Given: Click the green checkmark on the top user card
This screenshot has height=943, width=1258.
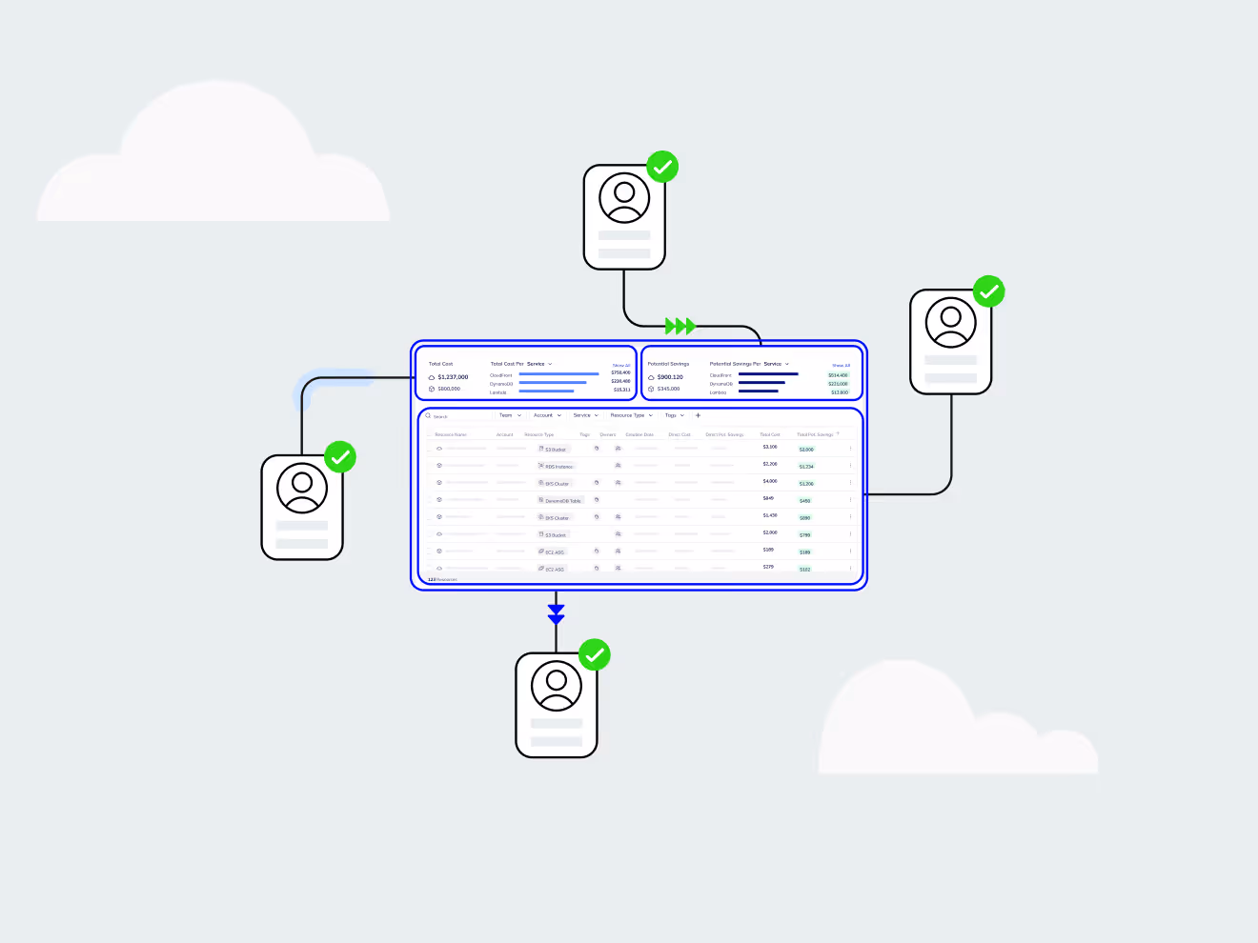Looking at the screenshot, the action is point(662,167).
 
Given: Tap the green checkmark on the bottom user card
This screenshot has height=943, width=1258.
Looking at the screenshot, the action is point(595,655).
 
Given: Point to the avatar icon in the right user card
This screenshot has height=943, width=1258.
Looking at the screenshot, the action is point(951,322).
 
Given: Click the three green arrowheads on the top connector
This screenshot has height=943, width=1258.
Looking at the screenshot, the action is point(680,327).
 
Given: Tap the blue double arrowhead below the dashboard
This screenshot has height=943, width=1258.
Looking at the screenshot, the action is point(557,614).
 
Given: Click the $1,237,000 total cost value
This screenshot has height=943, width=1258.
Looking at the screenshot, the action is point(453,377).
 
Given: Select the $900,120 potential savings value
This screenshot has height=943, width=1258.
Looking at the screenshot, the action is point(670,377).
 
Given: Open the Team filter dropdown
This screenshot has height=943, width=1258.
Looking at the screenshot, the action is point(510,415).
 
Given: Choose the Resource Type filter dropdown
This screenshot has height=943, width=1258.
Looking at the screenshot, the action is point(631,415).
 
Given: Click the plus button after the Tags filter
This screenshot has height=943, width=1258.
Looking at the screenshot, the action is point(698,415).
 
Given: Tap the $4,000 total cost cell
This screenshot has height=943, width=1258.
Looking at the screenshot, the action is point(770,482).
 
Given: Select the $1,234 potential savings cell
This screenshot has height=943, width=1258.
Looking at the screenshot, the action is point(806,467).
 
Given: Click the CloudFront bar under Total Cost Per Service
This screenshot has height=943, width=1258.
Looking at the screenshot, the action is point(558,374).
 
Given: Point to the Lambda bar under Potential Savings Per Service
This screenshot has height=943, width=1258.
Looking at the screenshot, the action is point(759,391).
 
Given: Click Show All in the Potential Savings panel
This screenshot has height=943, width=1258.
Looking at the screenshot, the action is point(841,365).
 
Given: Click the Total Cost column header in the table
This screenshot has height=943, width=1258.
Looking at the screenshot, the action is point(770,434).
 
